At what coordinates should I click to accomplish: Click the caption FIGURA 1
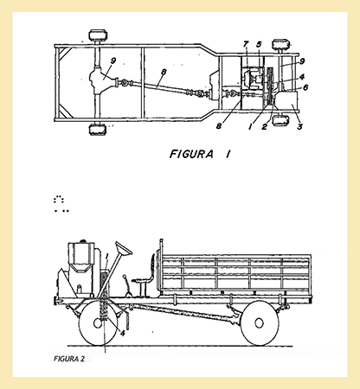point(200,154)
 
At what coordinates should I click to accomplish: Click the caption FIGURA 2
point(69,359)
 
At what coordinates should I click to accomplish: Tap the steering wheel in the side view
point(124,248)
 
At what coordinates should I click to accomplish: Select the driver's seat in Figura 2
point(145,274)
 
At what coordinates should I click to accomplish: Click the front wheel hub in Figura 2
point(98,323)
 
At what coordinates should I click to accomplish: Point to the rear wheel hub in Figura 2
point(259,323)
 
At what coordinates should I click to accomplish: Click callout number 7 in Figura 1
point(246,45)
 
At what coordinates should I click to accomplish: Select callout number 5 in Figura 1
point(259,45)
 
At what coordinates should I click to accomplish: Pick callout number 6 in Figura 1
point(305,86)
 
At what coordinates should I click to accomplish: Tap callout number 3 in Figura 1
point(300,126)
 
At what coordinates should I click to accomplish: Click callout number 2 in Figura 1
point(264,126)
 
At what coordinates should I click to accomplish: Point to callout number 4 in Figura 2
point(123,334)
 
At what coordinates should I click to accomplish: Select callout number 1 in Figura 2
point(106,257)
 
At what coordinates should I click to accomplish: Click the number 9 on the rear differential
point(112,61)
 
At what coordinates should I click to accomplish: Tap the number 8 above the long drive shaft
point(164,72)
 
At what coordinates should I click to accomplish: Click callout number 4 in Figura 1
point(302,77)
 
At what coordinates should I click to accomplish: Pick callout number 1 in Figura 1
point(250,126)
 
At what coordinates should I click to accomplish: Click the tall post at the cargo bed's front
point(161,265)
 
